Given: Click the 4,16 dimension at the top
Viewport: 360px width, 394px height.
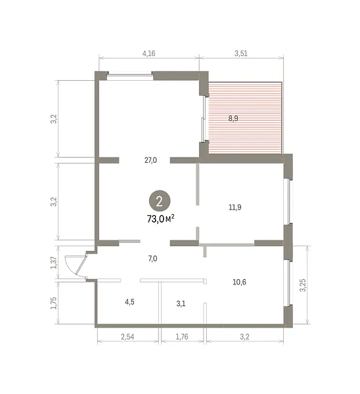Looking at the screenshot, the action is (x=149, y=54).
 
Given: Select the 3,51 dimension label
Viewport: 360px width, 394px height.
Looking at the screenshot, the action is (x=241, y=54).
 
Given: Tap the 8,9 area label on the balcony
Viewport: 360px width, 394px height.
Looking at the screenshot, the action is (x=233, y=118).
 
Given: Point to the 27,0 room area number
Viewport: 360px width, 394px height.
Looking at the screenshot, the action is (x=150, y=160).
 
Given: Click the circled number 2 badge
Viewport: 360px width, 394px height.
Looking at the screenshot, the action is (x=160, y=201).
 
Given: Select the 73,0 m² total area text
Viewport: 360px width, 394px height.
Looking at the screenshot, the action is (x=161, y=219).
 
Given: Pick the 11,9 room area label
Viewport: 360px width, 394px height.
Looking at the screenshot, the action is (x=235, y=208).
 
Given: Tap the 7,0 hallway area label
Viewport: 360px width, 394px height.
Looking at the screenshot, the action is (x=152, y=259).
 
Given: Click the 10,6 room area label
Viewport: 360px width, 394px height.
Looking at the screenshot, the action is (x=239, y=282).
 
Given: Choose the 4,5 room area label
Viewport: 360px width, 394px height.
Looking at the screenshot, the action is (x=129, y=302).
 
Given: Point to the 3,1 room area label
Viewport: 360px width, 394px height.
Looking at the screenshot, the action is (x=181, y=304).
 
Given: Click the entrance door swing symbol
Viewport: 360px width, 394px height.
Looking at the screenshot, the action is (x=76, y=267).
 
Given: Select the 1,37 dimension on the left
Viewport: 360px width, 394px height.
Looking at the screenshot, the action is (x=54, y=263).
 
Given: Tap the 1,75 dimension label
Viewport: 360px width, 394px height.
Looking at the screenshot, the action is (x=54, y=303).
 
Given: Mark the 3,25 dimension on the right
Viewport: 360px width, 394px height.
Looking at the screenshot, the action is (x=303, y=285).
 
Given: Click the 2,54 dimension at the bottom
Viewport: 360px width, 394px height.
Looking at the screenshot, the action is (x=127, y=337).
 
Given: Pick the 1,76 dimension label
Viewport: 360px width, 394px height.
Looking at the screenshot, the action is (x=182, y=337).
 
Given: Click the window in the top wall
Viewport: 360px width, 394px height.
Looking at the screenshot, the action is (x=130, y=76).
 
